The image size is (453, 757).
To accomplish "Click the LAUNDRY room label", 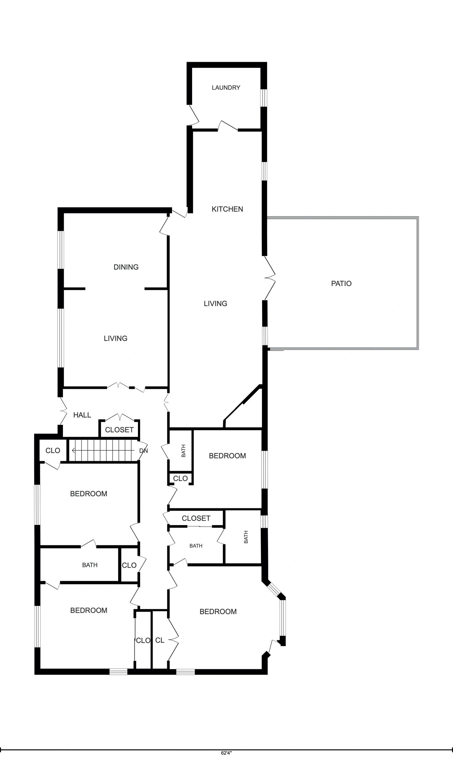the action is (x=226, y=88).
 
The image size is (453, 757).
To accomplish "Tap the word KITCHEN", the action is (x=228, y=209).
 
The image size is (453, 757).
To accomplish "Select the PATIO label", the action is (x=341, y=283).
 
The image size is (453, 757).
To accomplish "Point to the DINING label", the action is (x=126, y=267).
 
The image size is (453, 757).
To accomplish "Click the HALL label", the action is (x=82, y=415).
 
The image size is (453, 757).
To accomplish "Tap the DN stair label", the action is (x=144, y=451).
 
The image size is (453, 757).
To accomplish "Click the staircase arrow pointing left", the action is (x=104, y=450).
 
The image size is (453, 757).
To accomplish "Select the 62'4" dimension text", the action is (x=226, y=753).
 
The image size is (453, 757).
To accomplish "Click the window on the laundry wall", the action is (x=264, y=98).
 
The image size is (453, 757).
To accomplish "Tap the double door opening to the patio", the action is (x=270, y=278).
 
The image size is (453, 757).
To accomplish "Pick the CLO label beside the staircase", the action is (x=53, y=451).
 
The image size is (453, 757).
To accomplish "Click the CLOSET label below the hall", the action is (x=119, y=430).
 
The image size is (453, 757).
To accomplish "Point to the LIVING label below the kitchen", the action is (x=215, y=303).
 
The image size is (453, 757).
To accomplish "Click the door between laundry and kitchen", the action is (x=228, y=126).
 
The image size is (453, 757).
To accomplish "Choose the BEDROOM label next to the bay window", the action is (x=218, y=612).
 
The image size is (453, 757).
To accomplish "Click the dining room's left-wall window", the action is (x=61, y=250).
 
